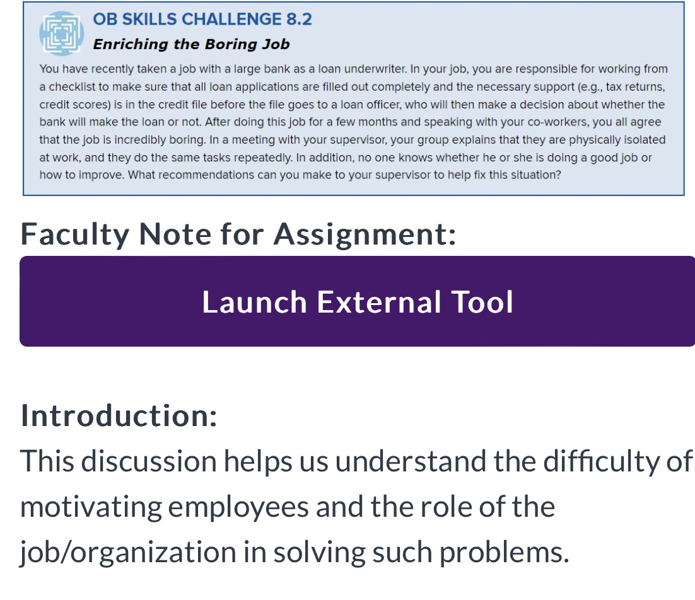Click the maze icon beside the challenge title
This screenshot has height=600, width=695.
61,33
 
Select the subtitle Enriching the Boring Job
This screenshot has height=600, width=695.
191,44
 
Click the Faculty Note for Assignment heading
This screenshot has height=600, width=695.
238,234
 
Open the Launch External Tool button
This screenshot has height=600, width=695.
357,301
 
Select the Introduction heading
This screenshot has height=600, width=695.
119,415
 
